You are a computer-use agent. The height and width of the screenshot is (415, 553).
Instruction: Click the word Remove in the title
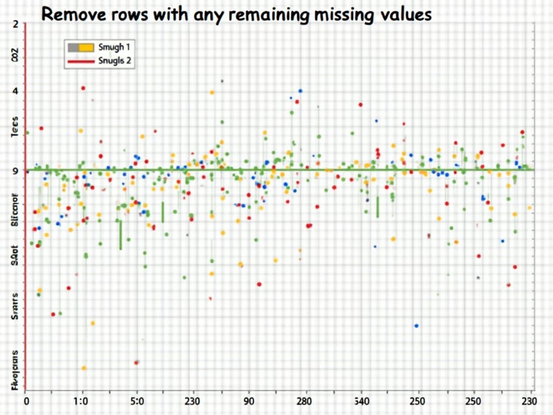point(72,15)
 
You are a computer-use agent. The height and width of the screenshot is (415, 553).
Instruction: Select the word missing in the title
point(340,15)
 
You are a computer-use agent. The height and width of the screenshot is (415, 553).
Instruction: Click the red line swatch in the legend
point(80,62)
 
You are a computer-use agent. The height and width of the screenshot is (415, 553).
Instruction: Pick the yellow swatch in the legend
point(86,47)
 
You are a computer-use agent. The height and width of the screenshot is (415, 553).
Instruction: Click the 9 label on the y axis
point(15,171)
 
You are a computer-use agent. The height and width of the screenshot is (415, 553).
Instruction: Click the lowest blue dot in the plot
point(416,326)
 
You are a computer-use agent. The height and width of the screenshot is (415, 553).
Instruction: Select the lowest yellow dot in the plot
point(84,368)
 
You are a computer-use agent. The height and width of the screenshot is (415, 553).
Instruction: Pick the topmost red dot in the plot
point(83,88)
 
